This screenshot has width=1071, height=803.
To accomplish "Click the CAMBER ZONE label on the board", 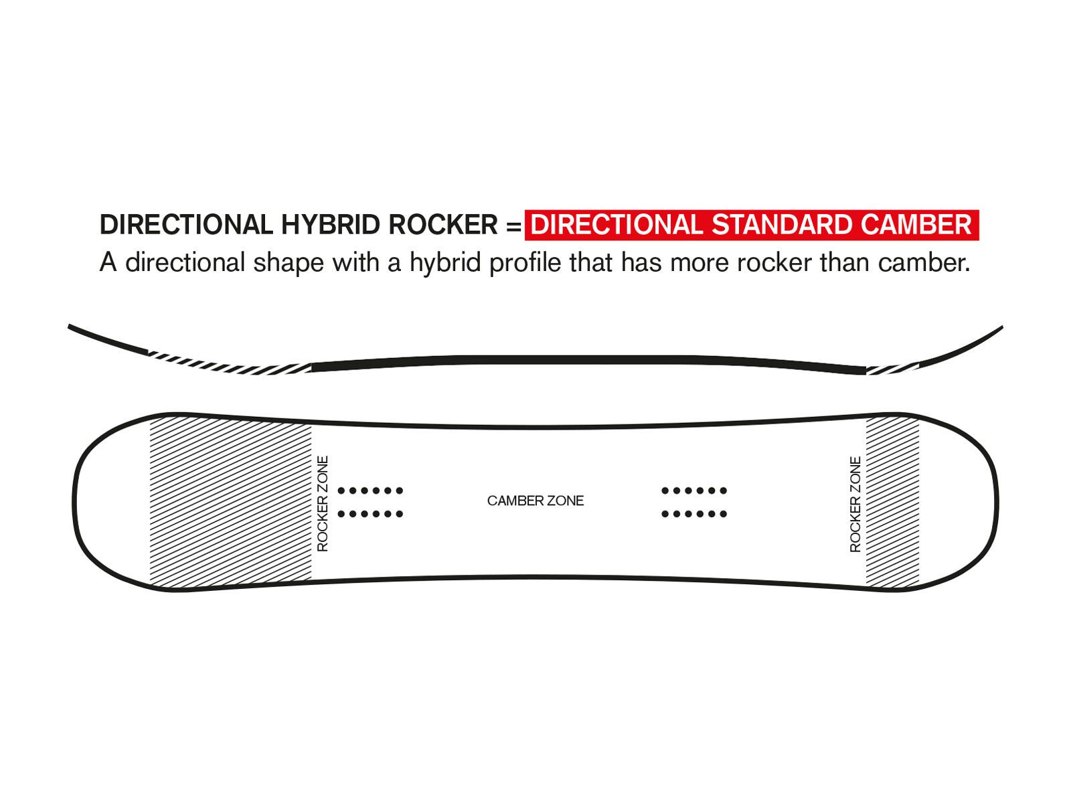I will click(x=535, y=501).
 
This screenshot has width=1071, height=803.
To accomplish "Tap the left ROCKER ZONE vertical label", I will click(x=323, y=504).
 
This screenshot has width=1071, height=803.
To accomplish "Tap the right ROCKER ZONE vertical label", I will click(x=855, y=505).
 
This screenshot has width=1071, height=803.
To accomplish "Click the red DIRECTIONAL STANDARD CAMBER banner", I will click(x=751, y=225).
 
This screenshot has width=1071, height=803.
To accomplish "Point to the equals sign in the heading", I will click(x=513, y=226).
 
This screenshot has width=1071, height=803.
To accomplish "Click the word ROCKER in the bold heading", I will click(x=443, y=225).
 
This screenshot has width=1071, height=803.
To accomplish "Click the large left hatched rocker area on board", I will click(x=230, y=502).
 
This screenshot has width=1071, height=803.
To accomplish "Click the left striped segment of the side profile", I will click(x=228, y=364).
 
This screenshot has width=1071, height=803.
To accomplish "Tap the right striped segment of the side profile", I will click(x=892, y=367).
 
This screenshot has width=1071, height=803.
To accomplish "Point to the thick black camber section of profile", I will click(x=589, y=360).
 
